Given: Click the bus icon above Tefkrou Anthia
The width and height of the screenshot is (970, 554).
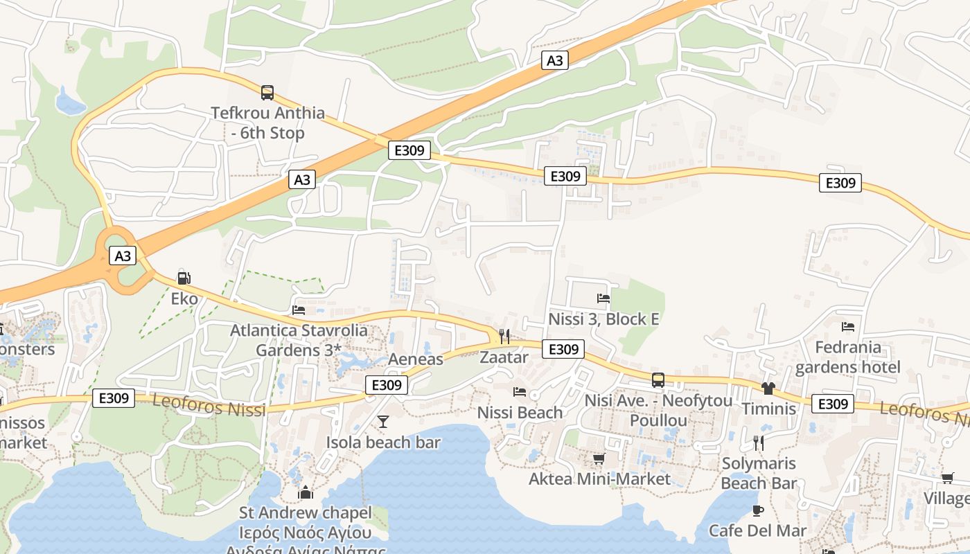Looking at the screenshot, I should pyautogui.click(x=267, y=92).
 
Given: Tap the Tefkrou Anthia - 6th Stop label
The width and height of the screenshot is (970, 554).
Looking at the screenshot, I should pyautogui.click(x=267, y=123).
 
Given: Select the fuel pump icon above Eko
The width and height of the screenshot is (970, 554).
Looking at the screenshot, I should pyautogui.click(x=184, y=278).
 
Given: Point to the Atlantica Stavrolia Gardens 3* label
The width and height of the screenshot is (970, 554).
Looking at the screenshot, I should pyautogui.click(x=299, y=339).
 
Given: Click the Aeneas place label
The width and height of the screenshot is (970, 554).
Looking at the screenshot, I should pyautogui.click(x=415, y=359).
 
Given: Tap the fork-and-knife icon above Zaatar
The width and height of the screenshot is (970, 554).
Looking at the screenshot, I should pyautogui.click(x=504, y=337).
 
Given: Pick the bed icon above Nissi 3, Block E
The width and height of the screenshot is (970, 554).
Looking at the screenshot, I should pyautogui.click(x=603, y=298).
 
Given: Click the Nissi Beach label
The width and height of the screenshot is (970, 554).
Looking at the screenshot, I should pyautogui.click(x=520, y=413).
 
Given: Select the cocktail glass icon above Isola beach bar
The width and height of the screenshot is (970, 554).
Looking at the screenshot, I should pyautogui.click(x=383, y=422).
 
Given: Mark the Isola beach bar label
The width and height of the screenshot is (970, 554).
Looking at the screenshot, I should pyautogui.click(x=383, y=442).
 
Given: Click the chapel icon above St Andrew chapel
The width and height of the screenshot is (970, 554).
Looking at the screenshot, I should pyautogui.click(x=306, y=492).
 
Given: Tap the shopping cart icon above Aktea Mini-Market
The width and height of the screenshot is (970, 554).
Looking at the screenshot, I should pyautogui.click(x=599, y=458).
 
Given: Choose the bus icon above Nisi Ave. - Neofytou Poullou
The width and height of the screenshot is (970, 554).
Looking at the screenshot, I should pyautogui.click(x=658, y=379).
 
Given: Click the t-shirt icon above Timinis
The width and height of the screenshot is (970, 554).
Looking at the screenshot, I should pyautogui.click(x=768, y=388).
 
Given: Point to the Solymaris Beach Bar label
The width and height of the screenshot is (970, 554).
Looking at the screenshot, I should pyautogui.click(x=759, y=473).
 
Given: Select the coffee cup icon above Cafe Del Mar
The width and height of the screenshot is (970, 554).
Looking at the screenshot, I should pyautogui.click(x=758, y=510).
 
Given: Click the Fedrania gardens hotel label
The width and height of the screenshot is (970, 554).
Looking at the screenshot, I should pyautogui.click(x=848, y=357).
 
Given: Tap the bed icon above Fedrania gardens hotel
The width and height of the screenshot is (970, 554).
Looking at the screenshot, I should pyautogui.click(x=848, y=327).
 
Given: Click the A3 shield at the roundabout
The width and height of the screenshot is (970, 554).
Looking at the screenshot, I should pyautogui.click(x=123, y=256).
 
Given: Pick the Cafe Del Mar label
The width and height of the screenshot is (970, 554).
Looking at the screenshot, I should pyautogui.click(x=757, y=530).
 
